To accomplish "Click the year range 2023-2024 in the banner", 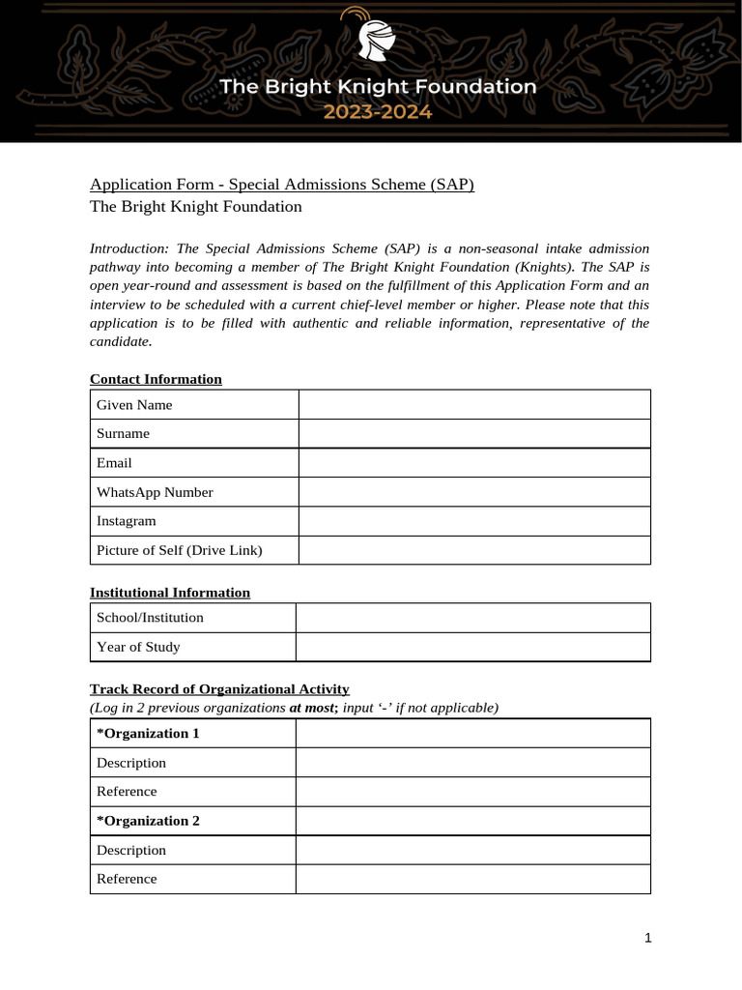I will click(x=378, y=111).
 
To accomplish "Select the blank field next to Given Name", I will click(x=473, y=404).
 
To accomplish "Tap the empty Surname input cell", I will click(x=473, y=433).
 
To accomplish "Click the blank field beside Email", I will click(x=473, y=463).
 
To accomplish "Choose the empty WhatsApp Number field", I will click(x=473, y=492).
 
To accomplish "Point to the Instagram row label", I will click(x=127, y=521).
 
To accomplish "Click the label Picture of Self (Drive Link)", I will click(x=180, y=550).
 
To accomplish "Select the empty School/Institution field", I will click(x=472, y=618).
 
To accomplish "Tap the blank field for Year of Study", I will click(x=472, y=647).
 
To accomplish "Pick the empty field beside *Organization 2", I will click(x=472, y=821).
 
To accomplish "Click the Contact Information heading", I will click(x=156, y=379).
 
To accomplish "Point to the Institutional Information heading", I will click(x=170, y=592).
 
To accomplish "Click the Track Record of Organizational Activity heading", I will click(x=219, y=688).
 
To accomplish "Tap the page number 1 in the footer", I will click(x=648, y=938).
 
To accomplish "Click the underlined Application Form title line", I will click(x=282, y=184).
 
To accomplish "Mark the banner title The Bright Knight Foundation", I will click(x=378, y=87).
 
